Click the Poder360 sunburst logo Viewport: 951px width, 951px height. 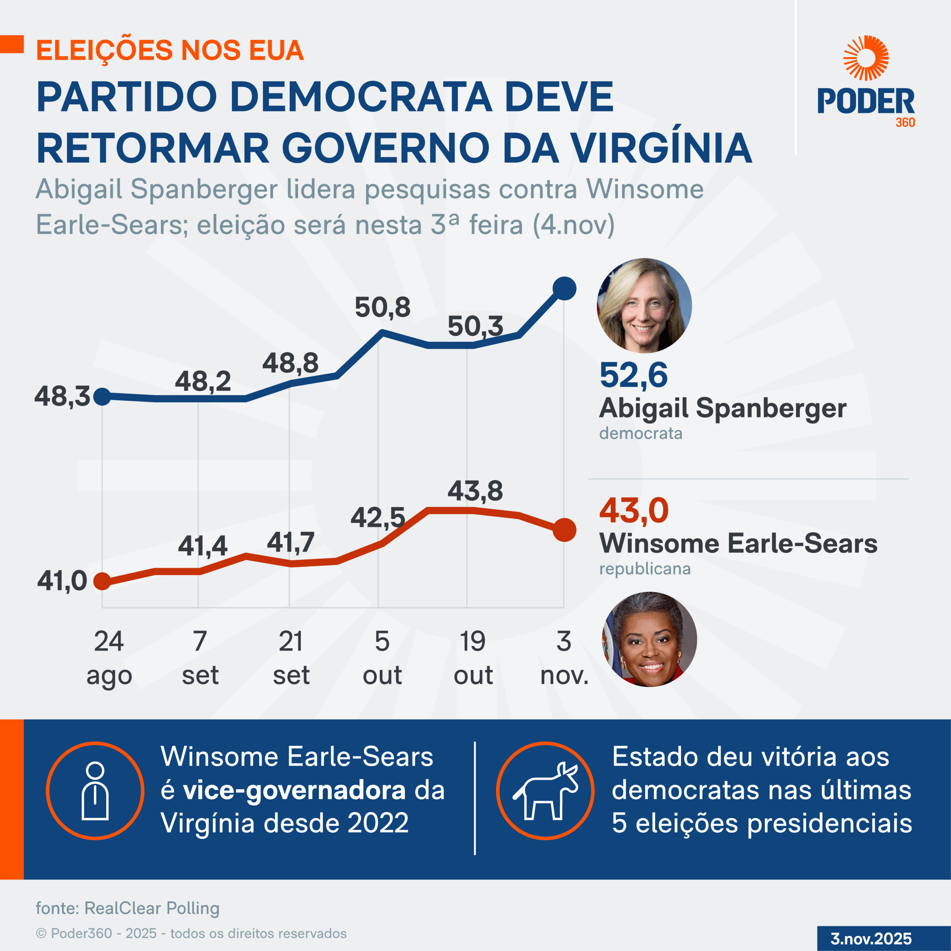click(866, 58)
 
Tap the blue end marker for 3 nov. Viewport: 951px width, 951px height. click(565, 288)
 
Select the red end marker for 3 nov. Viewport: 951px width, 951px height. click(565, 530)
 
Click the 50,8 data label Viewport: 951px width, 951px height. click(383, 308)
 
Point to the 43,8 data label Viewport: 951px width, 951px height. click(475, 491)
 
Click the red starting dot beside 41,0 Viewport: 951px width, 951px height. click(102, 581)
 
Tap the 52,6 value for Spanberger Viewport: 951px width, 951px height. click(633, 375)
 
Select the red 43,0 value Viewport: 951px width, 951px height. click(633, 510)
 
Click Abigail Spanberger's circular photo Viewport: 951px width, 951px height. click(644, 306)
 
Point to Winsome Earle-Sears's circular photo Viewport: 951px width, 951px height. click(649, 639)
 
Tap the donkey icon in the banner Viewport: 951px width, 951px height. click(545, 791)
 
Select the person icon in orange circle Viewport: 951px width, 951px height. click(95, 791)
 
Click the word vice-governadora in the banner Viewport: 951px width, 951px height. click(294, 791)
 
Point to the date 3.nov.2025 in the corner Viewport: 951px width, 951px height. click(871, 939)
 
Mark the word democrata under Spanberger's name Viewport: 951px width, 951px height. click(640, 433)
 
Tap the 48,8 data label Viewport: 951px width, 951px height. click(291, 363)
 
